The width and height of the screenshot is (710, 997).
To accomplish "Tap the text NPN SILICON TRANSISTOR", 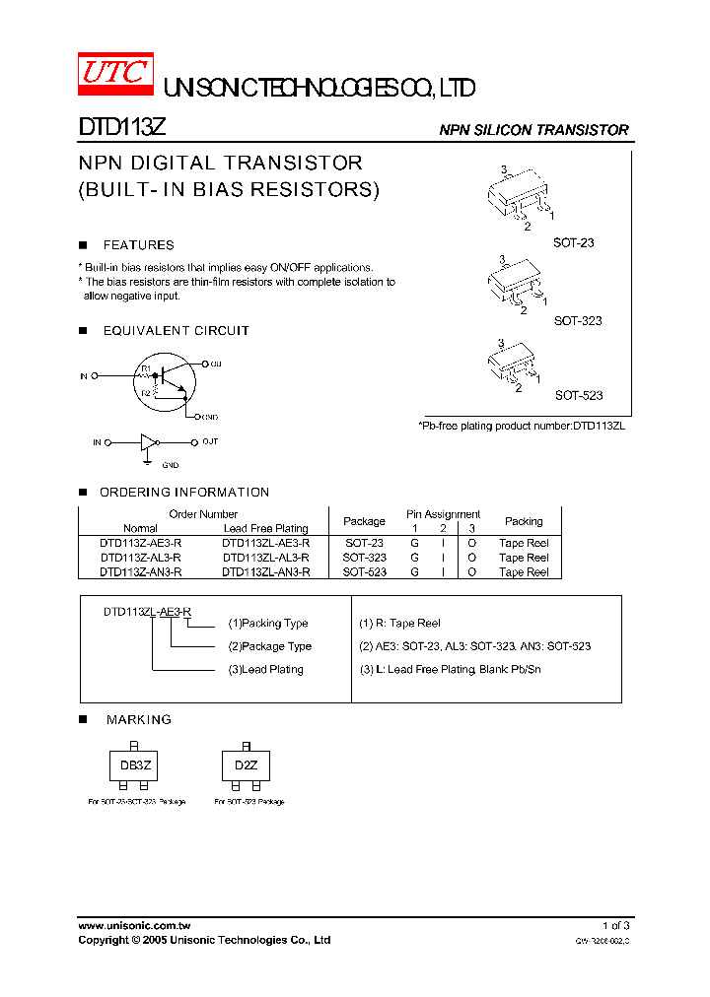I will [x=533, y=130].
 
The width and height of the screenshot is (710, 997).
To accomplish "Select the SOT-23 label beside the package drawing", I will [x=573, y=242].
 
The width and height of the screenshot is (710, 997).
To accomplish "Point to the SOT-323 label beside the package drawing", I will [x=577, y=321].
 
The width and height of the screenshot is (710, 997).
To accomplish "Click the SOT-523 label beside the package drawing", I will [x=578, y=395].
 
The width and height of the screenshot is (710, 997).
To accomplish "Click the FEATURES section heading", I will [x=138, y=245].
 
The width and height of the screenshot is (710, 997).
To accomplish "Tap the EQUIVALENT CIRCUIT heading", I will [x=176, y=331].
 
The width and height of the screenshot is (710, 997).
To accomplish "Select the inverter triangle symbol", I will [x=149, y=442].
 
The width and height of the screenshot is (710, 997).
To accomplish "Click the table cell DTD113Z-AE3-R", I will [x=140, y=543].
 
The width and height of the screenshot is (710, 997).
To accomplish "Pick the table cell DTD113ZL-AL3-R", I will [x=265, y=558].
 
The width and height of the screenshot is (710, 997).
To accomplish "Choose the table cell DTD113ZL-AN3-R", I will [x=265, y=571].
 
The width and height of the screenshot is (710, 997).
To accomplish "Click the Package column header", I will [x=364, y=521].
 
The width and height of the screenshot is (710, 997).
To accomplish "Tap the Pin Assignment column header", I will [x=443, y=514].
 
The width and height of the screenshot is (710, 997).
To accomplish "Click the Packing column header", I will [x=524, y=521].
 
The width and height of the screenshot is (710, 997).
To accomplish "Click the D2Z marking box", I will [x=246, y=765].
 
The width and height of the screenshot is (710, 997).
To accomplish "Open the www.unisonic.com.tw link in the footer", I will [x=134, y=925].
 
